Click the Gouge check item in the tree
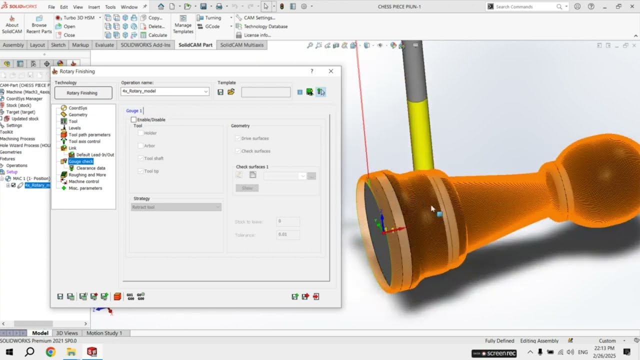(80, 161)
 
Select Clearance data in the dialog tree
(90, 168)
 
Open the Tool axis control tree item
(84, 141)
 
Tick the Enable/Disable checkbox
(133, 120)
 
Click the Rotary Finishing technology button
(83, 93)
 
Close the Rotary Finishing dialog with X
(330, 71)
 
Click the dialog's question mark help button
(312, 71)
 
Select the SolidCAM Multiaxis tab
(242, 45)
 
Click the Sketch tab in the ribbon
(58, 45)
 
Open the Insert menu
(94, 7)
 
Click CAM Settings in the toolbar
(259, 18)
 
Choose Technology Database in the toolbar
(265, 26)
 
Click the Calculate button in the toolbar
(157, 35)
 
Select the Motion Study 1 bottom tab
(104, 333)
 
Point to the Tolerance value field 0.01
(288, 234)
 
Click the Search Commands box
(525, 7)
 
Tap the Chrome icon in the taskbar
(50, 352)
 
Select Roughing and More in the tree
(87, 175)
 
